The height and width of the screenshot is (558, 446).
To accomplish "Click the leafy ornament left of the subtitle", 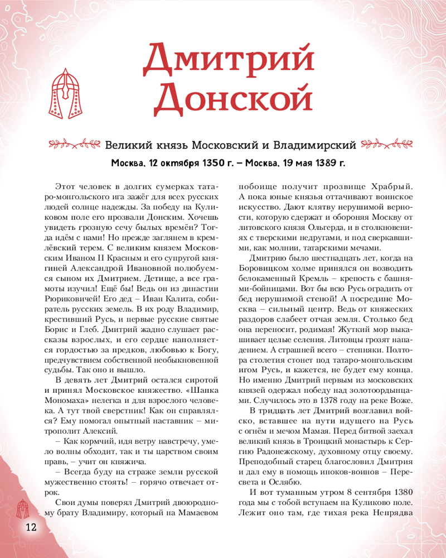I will click(74, 146).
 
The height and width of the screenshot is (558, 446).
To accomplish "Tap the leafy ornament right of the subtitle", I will click(386, 146).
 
